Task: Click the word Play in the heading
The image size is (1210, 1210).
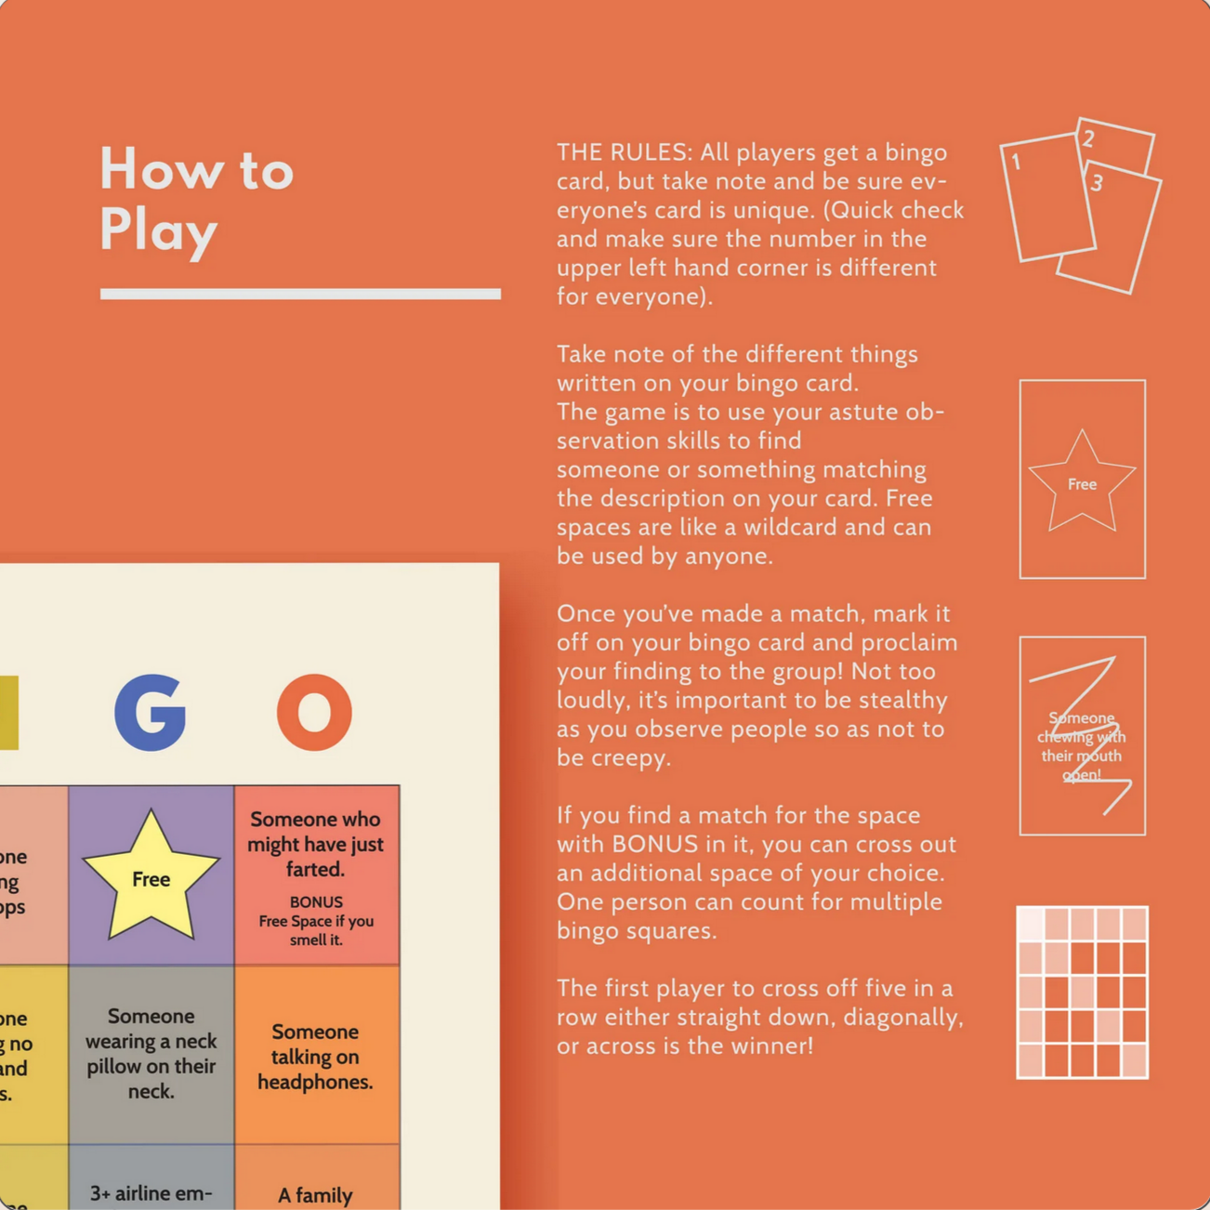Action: point(158,230)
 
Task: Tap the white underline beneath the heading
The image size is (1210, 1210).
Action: point(300,294)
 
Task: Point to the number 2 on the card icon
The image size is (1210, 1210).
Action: point(1088,138)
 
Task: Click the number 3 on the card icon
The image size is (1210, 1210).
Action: point(1097,182)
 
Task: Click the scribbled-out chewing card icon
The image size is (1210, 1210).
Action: point(1082,736)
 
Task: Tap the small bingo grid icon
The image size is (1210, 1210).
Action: point(1082,992)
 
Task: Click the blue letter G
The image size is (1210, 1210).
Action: point(151,713)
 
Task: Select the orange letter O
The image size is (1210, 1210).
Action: point(314,713)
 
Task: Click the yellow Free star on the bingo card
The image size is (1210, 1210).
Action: point(151,876)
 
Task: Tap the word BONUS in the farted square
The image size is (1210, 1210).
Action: point(316,901)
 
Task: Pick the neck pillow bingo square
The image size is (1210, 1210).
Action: point(151,1054)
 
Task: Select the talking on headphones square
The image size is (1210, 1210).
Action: point(316,1057)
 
